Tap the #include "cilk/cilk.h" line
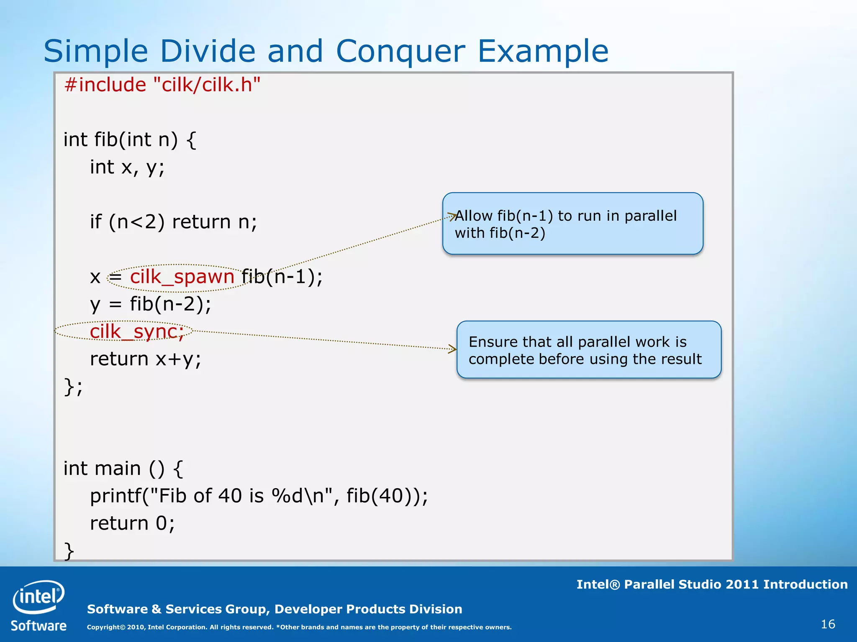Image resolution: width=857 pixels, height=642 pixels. click(x=162, y=85)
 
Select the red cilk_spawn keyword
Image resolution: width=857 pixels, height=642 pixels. click(x=182, y=277)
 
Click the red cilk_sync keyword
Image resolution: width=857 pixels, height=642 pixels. click(x=137, y=332)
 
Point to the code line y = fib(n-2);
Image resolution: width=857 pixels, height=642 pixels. click(x=151, y=304)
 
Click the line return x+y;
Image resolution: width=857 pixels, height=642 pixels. click(x=146, y=359)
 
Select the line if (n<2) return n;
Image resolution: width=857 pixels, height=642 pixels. click(x=173, y=222)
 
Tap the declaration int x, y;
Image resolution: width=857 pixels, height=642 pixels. click(x=127, y=168)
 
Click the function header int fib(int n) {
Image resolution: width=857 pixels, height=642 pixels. click(x=130, y=140)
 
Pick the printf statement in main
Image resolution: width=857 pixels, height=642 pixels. click(x=259, y=496)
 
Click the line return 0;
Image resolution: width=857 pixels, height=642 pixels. click(x=132, y=523)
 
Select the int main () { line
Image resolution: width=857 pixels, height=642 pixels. click(x=123, y=469)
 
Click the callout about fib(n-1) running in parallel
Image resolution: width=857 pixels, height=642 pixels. click(x=572, y=224)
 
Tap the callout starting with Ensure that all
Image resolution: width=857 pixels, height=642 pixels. click(x=588, y=350)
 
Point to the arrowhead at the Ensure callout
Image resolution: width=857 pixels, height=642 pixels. click(x=453, y=349)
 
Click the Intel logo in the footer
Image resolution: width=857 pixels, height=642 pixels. click(x=38, y=596)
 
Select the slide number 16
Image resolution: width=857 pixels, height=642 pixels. click(x=828, y=624)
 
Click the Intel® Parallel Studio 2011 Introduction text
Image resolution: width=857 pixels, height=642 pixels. click(x=712, y=584)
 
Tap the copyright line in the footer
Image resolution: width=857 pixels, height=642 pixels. click(x=299, y=627)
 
